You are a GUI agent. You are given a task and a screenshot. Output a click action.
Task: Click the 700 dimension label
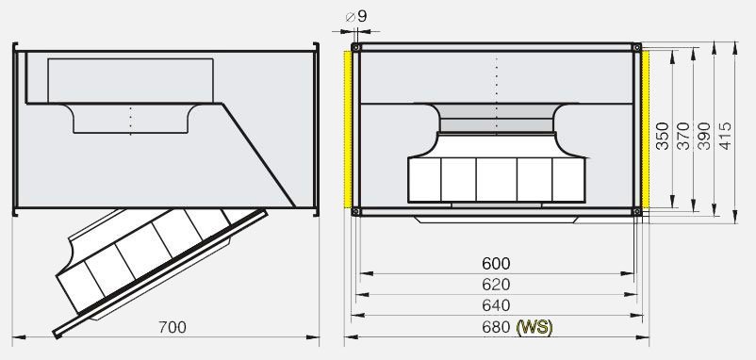click(173, 327)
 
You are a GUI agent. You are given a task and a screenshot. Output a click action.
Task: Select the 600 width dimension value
click(496, 264)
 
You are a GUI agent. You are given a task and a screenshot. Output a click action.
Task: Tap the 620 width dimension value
click(496, 285)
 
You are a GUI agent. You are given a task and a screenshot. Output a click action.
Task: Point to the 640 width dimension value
click(496, 305)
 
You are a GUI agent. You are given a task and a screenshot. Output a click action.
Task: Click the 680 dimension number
click(496, 327)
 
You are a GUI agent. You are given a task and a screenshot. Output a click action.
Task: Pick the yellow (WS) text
click(534, 328)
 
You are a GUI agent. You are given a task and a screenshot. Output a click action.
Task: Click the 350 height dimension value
click(663, 136)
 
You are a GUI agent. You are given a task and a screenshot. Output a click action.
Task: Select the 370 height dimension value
click(683, 136)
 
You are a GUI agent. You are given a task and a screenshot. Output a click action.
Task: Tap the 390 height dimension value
click(704, 136)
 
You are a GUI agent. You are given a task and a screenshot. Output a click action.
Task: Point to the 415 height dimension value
click(725, 136)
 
